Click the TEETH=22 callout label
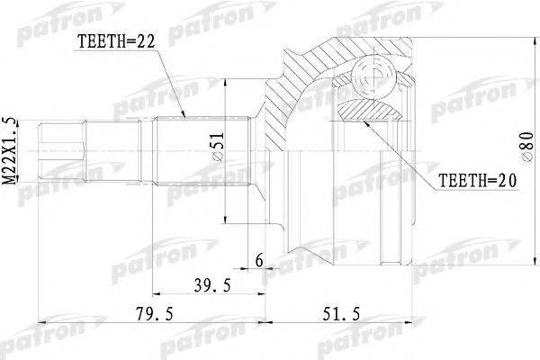pyautogui.click(x=116, y=41)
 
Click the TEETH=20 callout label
pyautogui.click(x=477, y=180)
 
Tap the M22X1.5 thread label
pyautogui.click(x=9, y=151)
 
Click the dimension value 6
pyautogui.click(x=258, y=260)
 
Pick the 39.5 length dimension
pyautogui.click(x=212, y=285)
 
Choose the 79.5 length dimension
pyautogui.click(x=154, y=313)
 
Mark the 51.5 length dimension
pyautogui.click(x=341, y=313)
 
